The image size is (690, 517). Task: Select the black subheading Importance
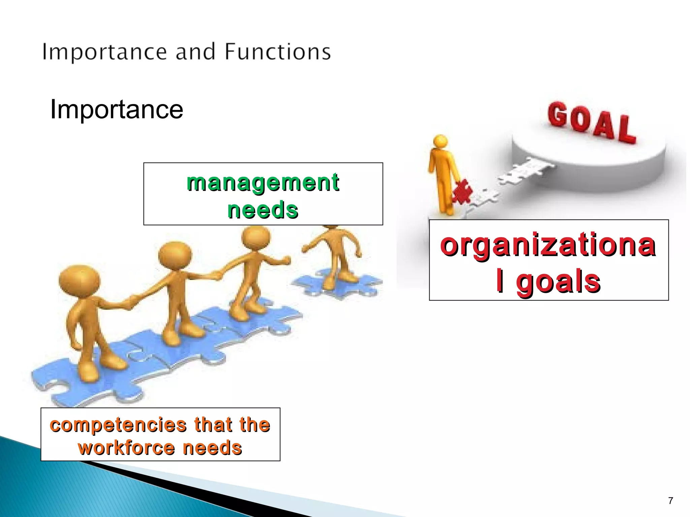tap(117, 110)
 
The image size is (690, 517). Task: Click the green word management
tap(263, 182)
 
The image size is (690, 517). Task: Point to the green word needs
tap(263, 210)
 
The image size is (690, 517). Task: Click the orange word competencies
tap(118, 425)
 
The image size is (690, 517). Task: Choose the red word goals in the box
tap(558, 281)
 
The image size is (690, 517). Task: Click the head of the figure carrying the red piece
tap(441, 142)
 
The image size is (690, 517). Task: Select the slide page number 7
tap(670, 501)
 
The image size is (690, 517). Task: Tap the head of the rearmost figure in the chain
tap(80, 281)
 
